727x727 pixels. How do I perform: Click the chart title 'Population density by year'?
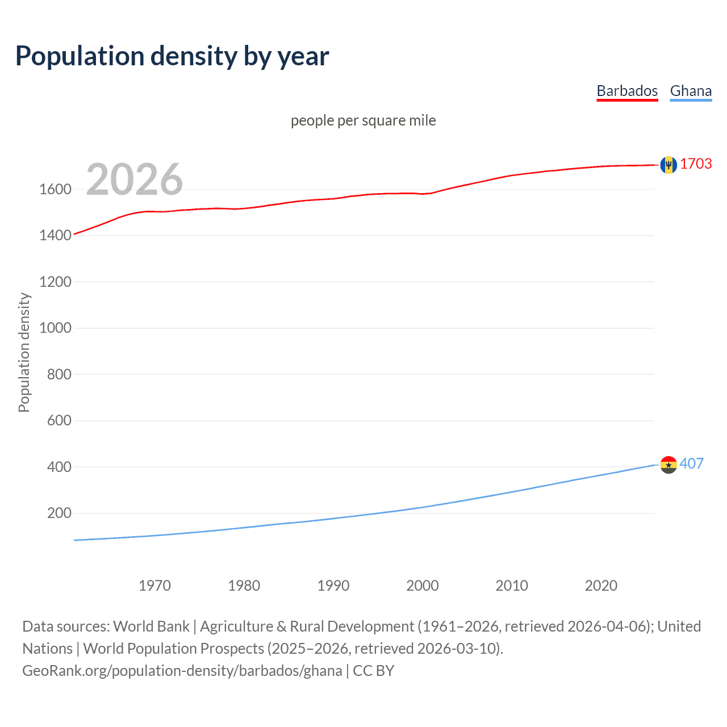172,56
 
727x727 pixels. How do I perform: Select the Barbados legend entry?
626,91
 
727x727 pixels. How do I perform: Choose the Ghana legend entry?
691,91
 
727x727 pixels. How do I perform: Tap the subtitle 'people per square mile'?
363,120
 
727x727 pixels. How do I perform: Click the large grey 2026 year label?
135,179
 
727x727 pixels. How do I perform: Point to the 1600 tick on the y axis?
55,189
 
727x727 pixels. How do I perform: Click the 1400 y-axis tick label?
55,235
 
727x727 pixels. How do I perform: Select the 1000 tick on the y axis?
55,328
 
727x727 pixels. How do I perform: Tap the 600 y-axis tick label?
59,420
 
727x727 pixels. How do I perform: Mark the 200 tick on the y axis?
59,513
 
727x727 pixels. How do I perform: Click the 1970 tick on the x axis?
154,586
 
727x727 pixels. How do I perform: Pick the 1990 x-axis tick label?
333,586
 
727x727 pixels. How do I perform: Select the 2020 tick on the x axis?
601,586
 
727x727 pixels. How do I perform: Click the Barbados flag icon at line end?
668,165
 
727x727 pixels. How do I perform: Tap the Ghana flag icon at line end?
668,465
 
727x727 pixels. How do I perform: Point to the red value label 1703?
696,164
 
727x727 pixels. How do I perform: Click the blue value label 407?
691,463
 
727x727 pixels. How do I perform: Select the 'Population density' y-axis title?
24,352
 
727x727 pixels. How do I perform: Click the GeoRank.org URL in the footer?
182,671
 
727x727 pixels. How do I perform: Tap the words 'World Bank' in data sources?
151,626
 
